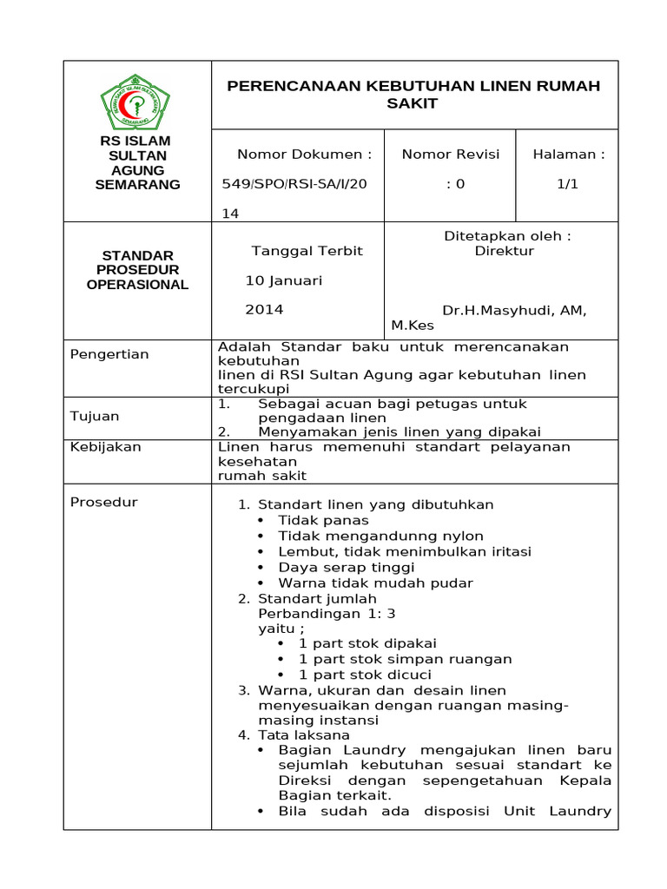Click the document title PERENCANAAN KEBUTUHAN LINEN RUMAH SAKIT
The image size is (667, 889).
(x=413, y=95)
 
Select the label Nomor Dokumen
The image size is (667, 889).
(x=304, y=155)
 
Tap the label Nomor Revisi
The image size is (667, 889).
(x=451, y=155)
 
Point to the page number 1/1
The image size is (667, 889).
(x=568, y=184)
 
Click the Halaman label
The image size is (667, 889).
(x=569, y=155)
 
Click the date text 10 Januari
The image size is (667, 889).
(x=283, y=280)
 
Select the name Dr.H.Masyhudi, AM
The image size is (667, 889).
(x=514, y=310)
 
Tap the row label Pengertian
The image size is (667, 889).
(x=109, y=354)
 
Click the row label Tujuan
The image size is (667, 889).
(x=95, y=417)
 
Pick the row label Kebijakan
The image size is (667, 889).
(x=105, y=447)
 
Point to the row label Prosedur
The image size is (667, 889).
(x=103, y=502)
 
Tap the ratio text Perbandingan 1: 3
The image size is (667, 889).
(x=327, y=613)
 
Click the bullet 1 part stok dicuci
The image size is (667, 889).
(x=365, y=675)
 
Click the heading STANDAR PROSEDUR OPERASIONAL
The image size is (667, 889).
(x=137, y=270)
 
